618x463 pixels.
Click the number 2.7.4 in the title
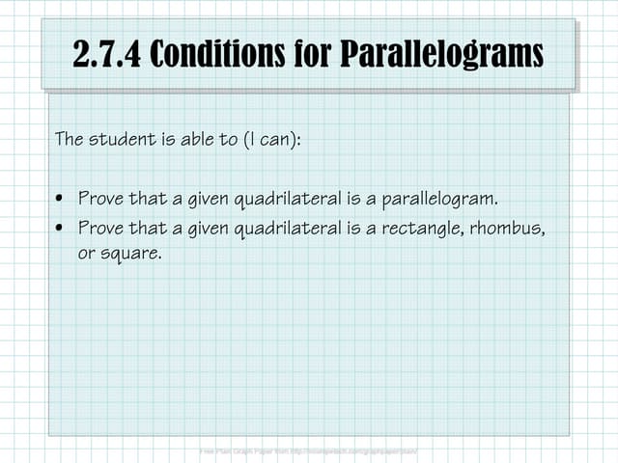107,54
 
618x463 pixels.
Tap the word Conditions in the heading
221,54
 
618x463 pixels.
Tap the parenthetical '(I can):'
270,139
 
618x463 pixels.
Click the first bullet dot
60,200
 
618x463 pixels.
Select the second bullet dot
60,229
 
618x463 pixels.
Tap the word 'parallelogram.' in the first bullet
439,200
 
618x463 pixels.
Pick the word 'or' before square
86,256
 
